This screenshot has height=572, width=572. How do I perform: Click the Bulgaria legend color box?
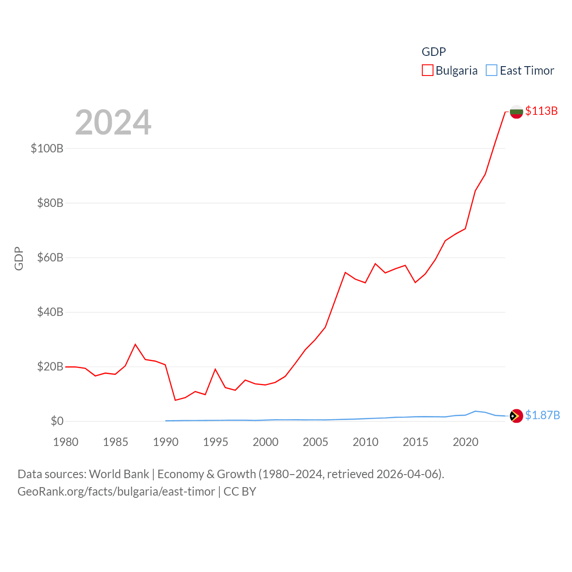click(428, 71)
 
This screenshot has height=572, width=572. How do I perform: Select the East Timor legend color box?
click(492, 71)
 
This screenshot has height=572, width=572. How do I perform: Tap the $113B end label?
click(541, 111)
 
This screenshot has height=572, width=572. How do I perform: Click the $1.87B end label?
click(542, 415)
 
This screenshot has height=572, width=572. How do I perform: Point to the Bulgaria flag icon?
click(517, 112)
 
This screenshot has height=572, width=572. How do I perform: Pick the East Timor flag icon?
click(517, 416)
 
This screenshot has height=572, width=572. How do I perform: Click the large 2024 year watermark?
click(113, 122)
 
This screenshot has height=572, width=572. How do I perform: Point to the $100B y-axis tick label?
click(47, 148)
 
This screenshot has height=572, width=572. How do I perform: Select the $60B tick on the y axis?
click(50, 257)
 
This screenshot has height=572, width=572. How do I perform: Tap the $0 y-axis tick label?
click(57, 421)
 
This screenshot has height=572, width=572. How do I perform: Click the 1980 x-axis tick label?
click(66, 442)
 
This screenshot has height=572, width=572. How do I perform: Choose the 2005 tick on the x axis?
click(315, 442)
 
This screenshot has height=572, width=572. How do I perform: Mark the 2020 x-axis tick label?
click(466, 442)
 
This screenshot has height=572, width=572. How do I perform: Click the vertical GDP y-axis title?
click(19, 258)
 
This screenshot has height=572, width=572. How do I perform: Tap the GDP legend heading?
click(433, 52)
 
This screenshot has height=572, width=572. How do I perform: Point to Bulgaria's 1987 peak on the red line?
click(135, 344)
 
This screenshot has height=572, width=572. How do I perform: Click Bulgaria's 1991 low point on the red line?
click(175, 400)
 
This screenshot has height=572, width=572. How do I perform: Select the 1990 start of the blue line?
click(166, 421)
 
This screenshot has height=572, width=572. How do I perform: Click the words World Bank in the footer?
click(119, 474)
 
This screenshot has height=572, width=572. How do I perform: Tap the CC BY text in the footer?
click(240, 492)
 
